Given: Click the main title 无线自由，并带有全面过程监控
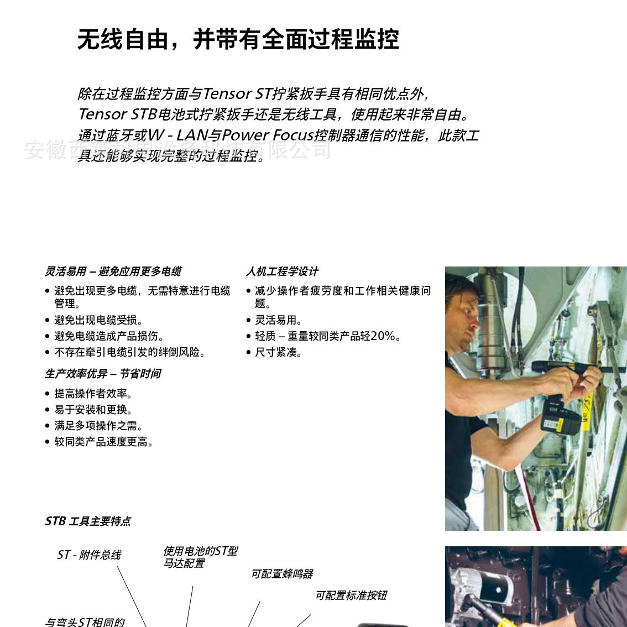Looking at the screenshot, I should (238, 39).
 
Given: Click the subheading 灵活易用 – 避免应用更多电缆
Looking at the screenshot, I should (113, 271).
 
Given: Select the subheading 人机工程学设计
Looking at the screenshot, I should (282, 271).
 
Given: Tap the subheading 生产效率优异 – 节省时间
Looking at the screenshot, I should (103, 374).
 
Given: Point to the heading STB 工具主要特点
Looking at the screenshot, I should (88, 521).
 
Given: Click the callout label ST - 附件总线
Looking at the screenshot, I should (89, 555).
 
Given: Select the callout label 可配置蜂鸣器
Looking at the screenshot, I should (282, 574).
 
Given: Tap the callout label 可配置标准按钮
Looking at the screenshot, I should (351, 595).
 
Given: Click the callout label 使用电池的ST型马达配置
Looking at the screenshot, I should (200, 557).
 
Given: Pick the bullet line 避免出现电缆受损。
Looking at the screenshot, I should (99, 320).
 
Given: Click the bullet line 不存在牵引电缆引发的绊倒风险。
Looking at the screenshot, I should (130, 352).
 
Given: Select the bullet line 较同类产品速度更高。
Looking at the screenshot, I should (104, 442).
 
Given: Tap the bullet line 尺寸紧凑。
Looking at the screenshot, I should (279, 352).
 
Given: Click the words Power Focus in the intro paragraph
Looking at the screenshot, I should (268, 135).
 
